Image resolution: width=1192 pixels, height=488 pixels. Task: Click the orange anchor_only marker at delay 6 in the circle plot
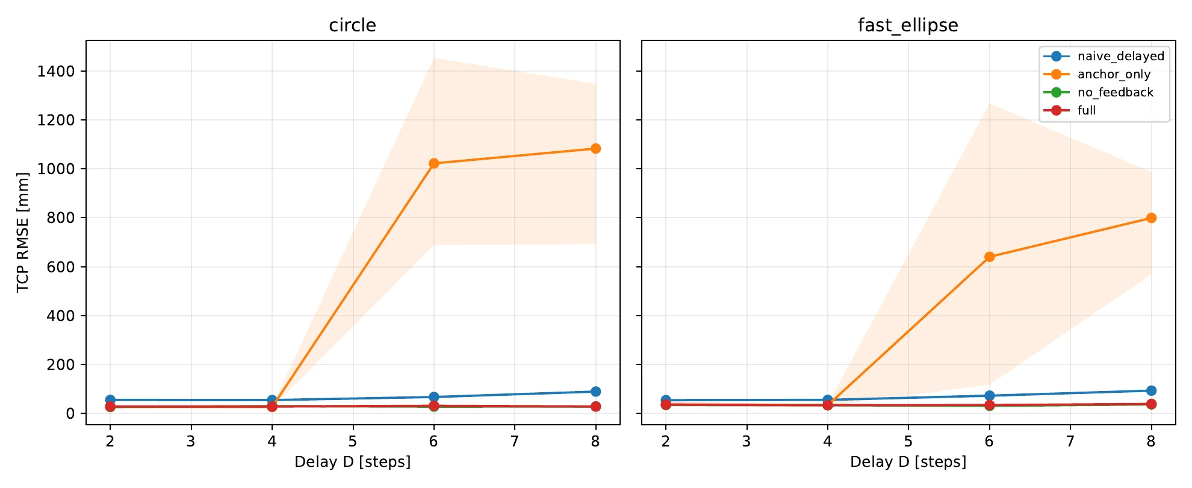point(433,163)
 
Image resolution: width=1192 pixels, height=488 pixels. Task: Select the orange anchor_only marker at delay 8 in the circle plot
point(595,149)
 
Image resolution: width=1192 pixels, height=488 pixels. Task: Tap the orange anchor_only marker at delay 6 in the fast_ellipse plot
point(989,257)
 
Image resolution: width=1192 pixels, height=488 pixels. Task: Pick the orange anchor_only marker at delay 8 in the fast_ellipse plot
point(1151,218)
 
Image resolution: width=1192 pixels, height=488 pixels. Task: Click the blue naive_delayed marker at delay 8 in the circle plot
point(595,392)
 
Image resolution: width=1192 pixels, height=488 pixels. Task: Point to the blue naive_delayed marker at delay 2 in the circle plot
point(110,400)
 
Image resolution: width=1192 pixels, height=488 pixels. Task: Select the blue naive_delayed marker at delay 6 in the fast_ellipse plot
point(989,396)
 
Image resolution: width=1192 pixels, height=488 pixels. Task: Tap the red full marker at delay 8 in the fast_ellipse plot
point(1151,404)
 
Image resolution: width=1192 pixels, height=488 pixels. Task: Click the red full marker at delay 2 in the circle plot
point(110,407)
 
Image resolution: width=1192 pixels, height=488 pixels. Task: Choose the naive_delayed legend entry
point(1104,56)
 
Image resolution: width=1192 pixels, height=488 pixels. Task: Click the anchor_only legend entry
point(1097,74)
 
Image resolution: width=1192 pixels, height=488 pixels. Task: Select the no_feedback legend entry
point(1098,92)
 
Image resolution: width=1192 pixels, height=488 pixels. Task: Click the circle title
point(352,25)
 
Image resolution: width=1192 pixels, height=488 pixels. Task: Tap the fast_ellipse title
point(908,25)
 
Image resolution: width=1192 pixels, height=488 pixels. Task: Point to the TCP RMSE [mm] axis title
point(23,233)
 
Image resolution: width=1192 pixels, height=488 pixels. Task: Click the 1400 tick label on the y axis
point(56,72)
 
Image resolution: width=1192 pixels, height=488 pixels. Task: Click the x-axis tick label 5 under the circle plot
point(353,442)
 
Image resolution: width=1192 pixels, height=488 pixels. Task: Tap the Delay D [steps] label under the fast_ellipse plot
point(908,462)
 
